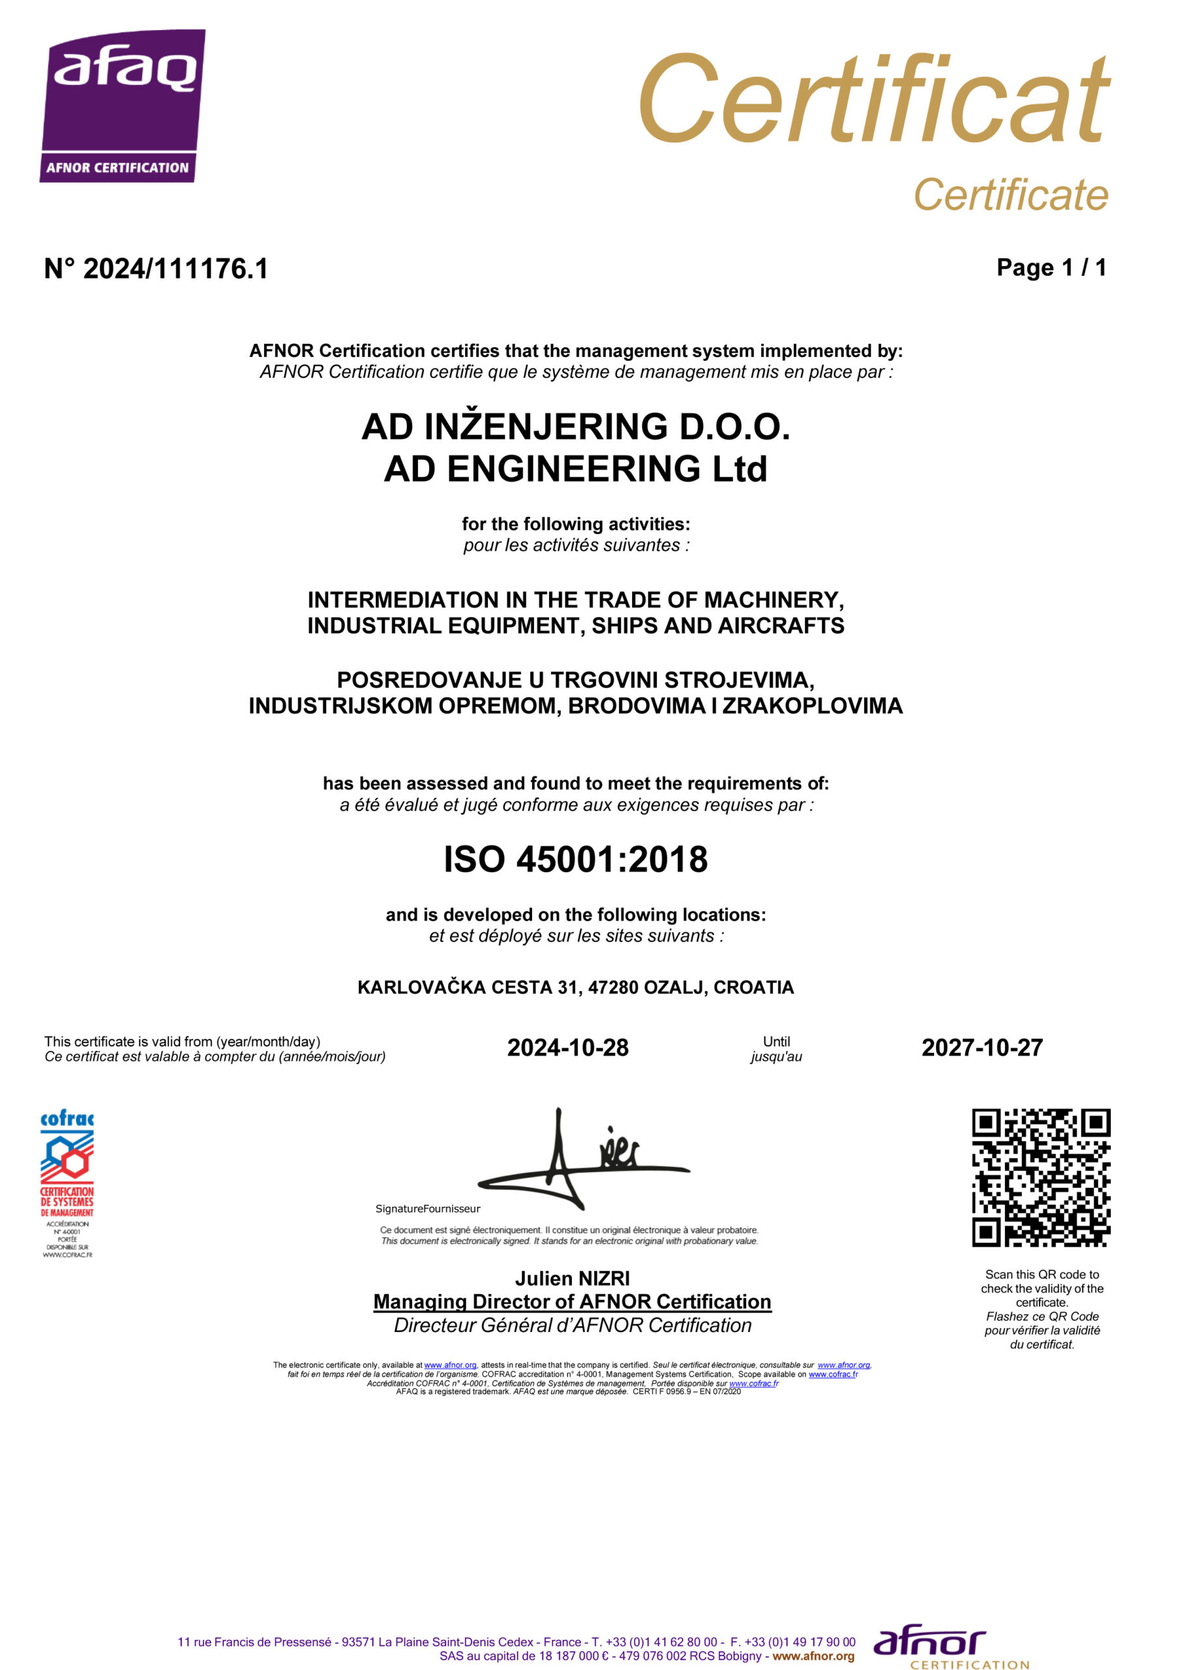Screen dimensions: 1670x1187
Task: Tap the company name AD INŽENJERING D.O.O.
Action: pos(575,427)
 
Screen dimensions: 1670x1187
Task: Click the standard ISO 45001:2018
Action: pos(575,860)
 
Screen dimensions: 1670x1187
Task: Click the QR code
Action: pos(1040,1178)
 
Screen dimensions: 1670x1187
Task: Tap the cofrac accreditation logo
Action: pos(67,1184)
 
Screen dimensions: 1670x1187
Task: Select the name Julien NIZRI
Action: pos(573,1278)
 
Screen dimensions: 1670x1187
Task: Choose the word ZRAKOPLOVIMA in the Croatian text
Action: pos(812,706)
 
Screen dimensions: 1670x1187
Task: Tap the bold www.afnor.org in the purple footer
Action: pos(813,1656)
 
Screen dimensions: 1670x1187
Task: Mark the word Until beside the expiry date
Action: pos(775,1041)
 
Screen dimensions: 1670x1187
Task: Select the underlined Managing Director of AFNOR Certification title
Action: pos(573,1301)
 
